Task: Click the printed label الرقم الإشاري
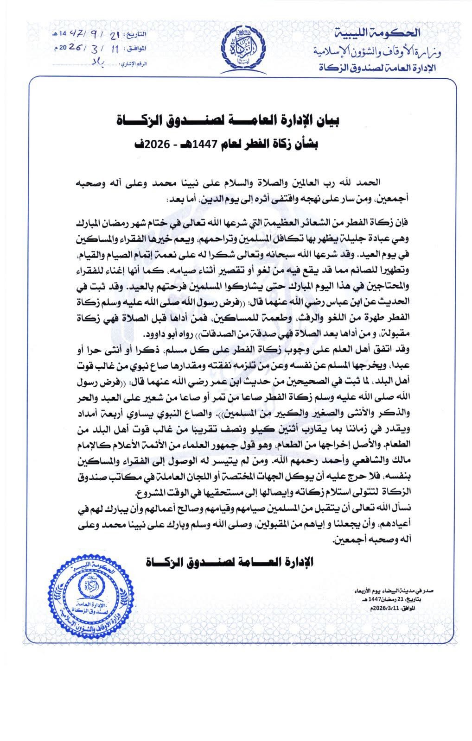[133, 63]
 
